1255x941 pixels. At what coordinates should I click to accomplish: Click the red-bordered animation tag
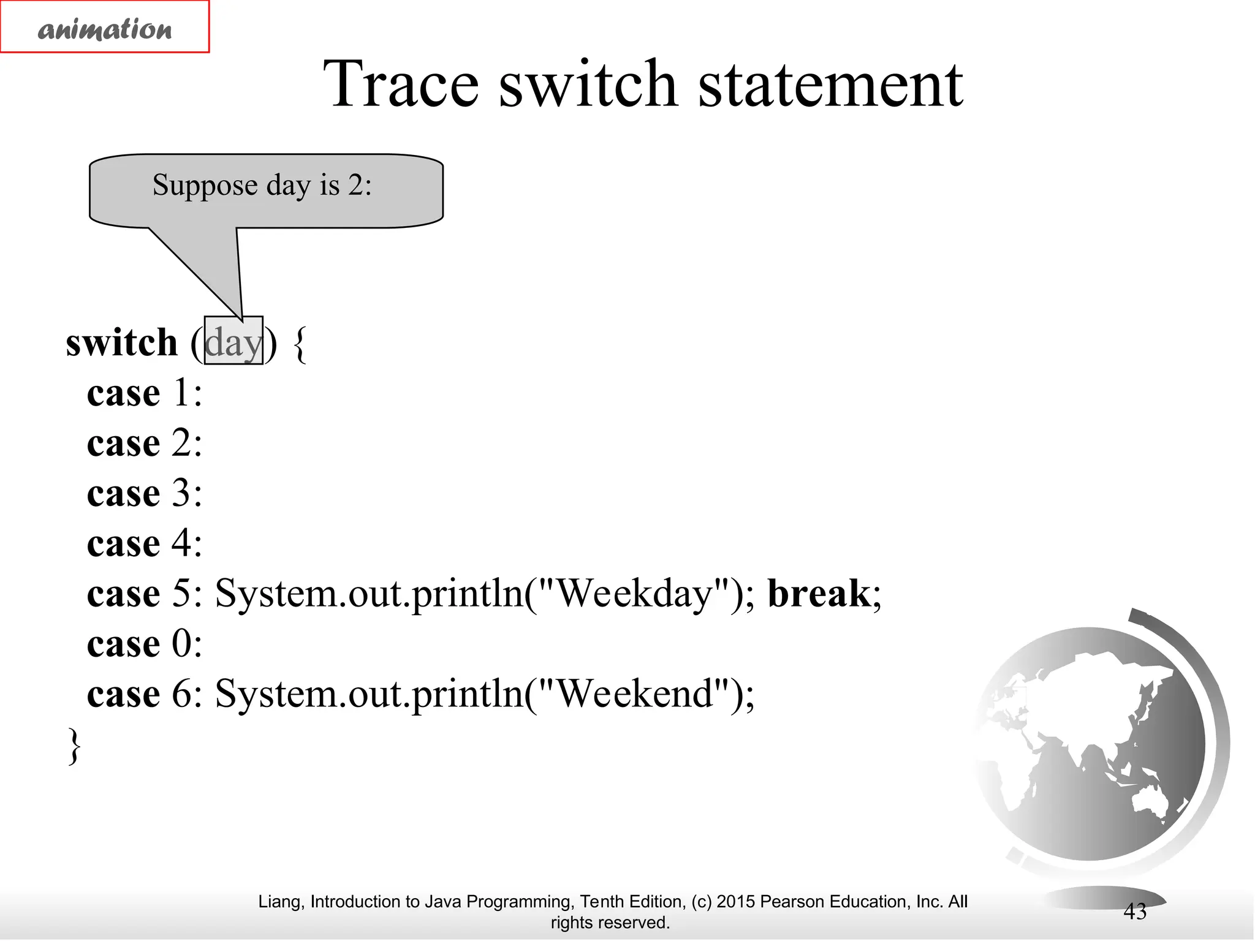(x=105, y=28)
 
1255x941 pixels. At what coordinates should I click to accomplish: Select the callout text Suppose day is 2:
(x=262, y=185)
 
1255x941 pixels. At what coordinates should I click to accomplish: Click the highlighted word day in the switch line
(x=233, y=342)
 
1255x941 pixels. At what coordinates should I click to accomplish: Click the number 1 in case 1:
(x=181, y=393)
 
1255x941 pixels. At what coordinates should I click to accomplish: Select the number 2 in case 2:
(x=181, y=443)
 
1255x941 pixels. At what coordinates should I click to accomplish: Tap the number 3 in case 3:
(x=181, y=493)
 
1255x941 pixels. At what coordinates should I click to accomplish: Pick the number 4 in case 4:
(x=181, y=543)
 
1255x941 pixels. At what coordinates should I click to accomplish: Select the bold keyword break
(x=819, y=594)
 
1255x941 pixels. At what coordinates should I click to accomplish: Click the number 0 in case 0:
(x=181, y=644)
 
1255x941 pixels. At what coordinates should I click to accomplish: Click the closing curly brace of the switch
(x=74, y=746)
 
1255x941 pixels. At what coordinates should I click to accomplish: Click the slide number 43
(x=1134, y=912)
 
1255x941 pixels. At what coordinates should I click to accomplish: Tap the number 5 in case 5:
(x=181, y=594)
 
